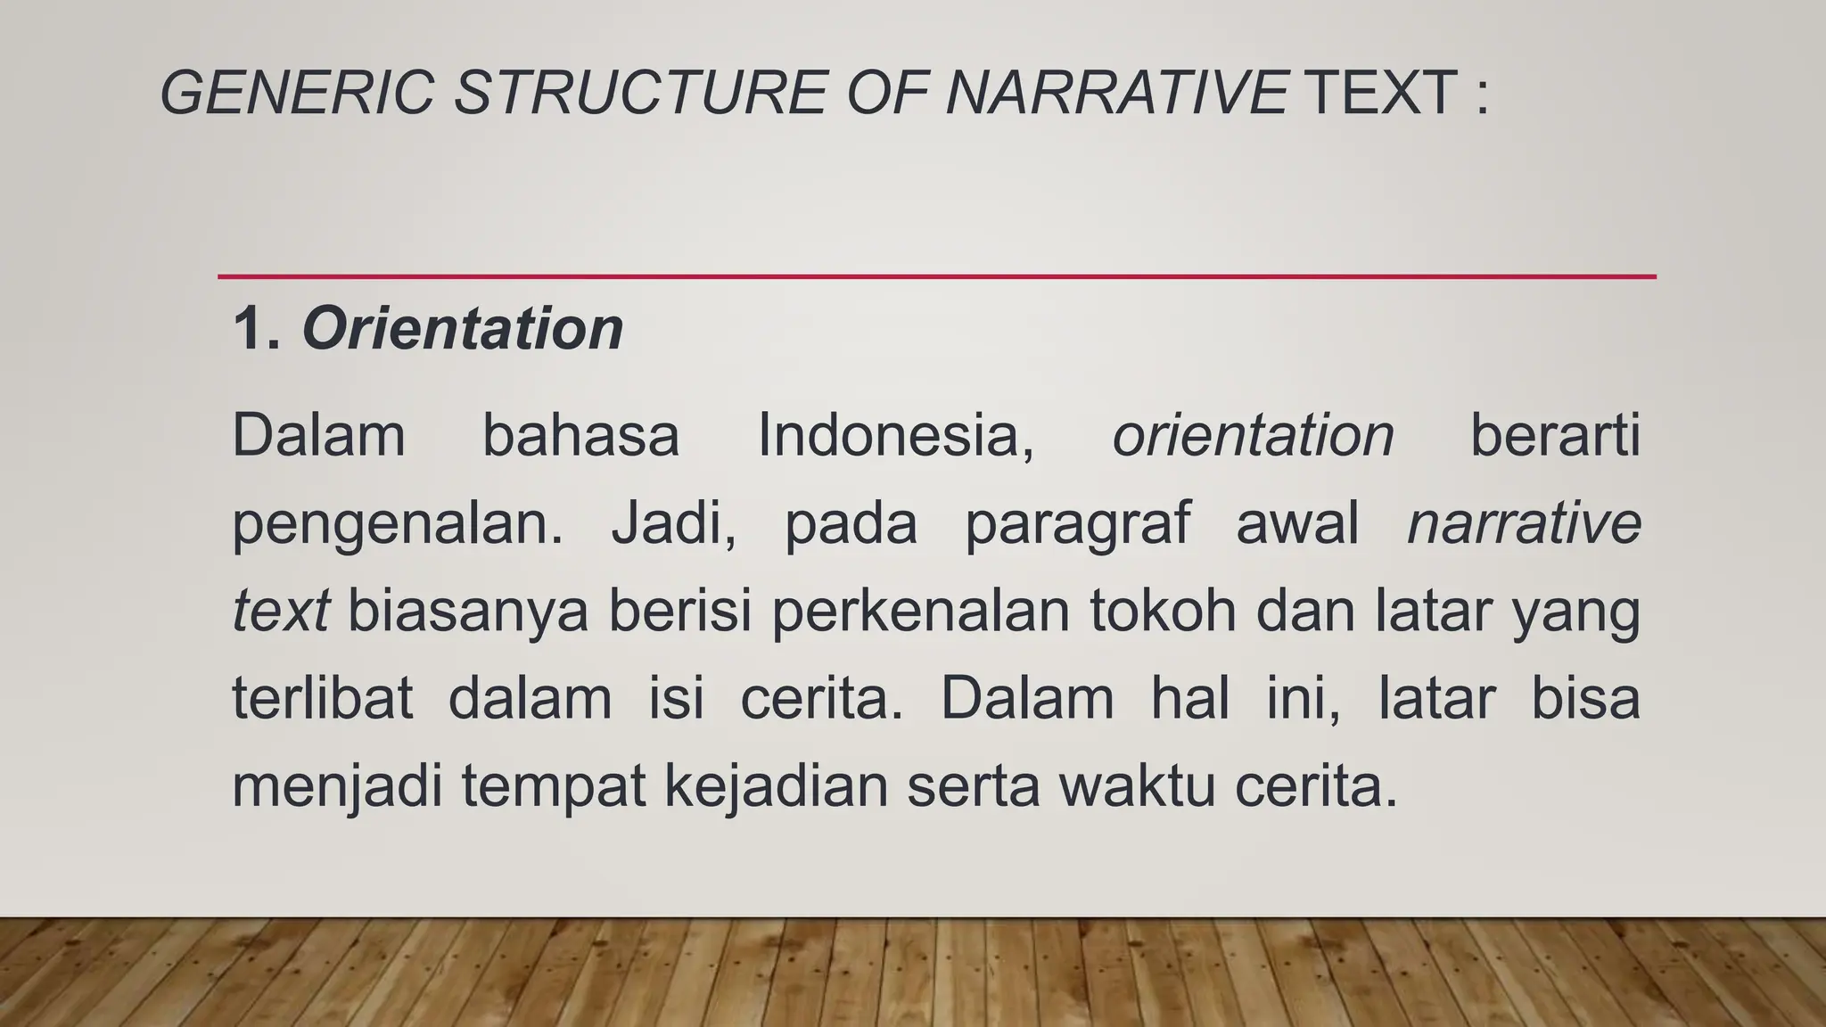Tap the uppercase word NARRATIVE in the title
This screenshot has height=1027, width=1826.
tap(1115, 93)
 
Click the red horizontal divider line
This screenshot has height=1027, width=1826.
tap(936, 276)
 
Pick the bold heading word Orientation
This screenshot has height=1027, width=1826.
tap(463, 329)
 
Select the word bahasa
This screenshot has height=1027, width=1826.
tap(580, 436)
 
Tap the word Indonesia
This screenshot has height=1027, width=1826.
tap(895, 436)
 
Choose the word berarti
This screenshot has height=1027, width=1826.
tap(1555, 436)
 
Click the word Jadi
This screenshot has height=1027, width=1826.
tap(673, 524)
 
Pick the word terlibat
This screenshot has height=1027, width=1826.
tap(323, 698)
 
